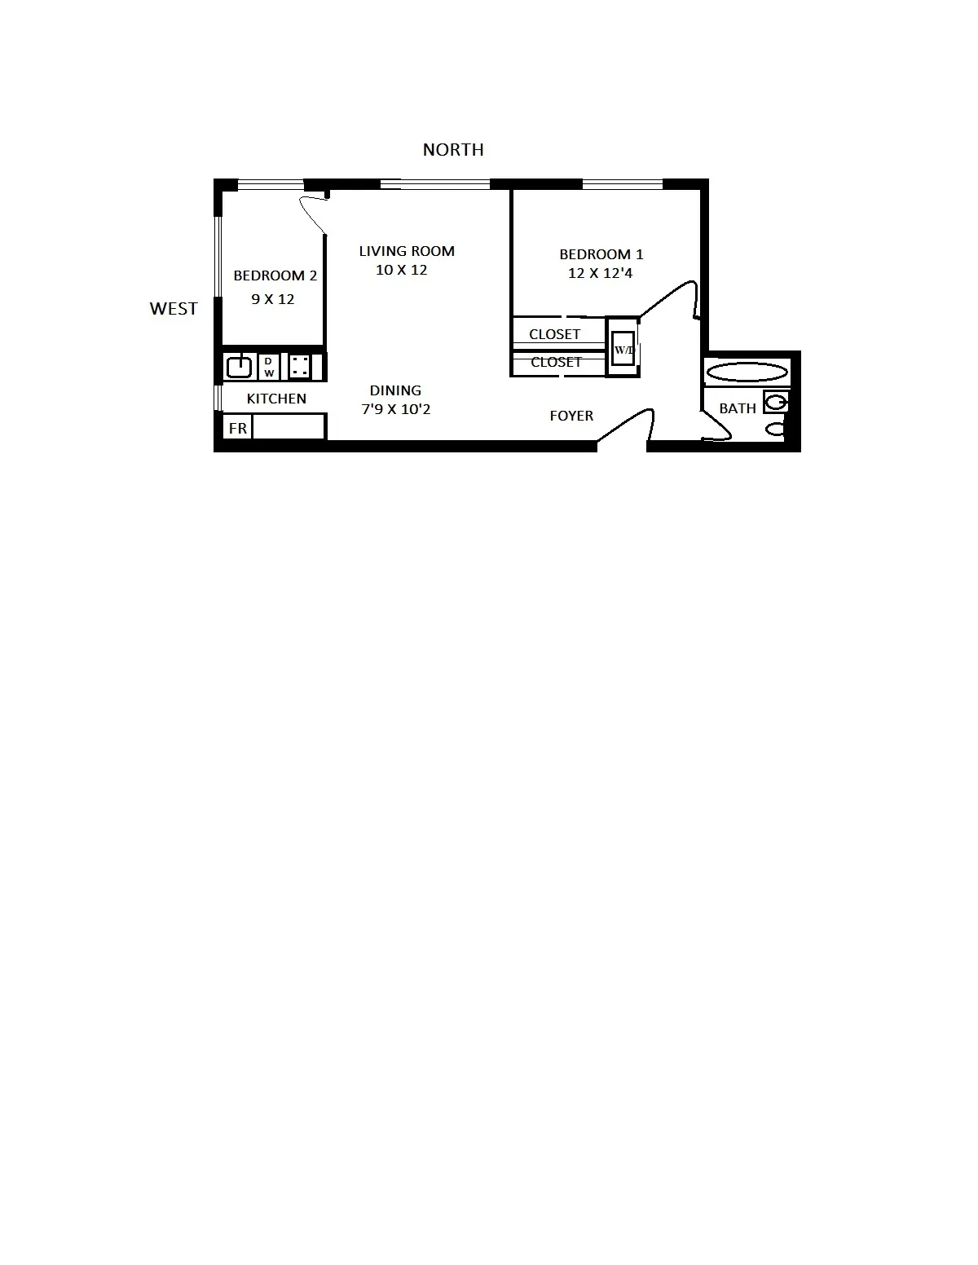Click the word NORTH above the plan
[453, 150]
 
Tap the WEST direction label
[174, 309]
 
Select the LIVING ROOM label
[407, 251]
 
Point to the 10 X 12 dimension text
[401, 270]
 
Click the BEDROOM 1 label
[601, 254]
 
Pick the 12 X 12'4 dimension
[600, 273]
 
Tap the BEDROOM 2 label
[275, 275]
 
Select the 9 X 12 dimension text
[273, 299]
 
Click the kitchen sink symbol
[240, 367]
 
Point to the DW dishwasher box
[269, 367]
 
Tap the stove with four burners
[299, 367]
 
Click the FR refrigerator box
[238, 428]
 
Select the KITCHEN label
[276, 399]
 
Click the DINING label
[395, 390]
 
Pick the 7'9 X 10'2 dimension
[396, 409]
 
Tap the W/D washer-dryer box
[623, 349]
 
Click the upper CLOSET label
[554, 334]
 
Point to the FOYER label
[571, 416]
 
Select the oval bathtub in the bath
[747, 373]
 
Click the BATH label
[738, 408]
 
